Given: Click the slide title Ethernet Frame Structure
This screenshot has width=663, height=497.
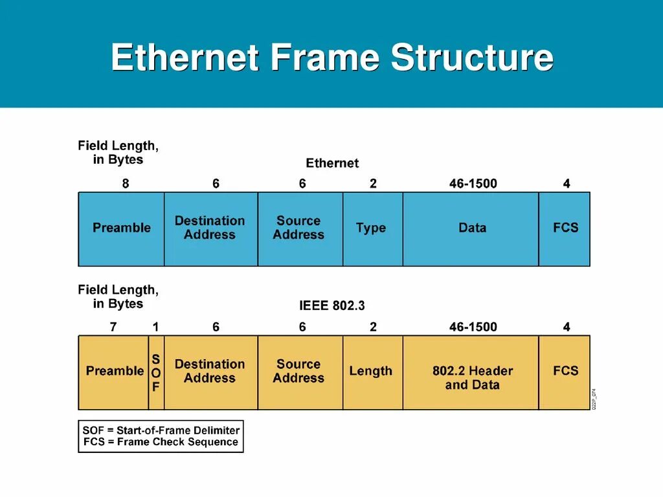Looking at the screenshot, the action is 331,58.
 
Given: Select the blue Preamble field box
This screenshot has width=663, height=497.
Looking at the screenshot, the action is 121,228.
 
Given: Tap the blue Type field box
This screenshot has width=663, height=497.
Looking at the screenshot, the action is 372,228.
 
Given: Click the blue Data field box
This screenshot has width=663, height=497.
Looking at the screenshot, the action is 471,228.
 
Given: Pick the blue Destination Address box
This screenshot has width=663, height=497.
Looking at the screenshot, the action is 210,228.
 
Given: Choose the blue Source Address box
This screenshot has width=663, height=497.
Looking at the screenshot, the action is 300,228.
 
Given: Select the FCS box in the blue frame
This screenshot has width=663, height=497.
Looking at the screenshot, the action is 565,228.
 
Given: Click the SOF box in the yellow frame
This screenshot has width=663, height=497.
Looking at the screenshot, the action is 156,373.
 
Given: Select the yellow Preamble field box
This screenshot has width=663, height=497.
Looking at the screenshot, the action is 114,372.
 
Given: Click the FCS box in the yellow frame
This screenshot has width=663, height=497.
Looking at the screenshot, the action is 565,372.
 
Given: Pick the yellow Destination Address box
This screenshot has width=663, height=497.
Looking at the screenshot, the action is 210,372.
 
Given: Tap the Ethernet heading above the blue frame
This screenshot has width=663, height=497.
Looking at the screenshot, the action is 331,163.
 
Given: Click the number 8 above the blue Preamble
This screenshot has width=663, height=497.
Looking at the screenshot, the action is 126,184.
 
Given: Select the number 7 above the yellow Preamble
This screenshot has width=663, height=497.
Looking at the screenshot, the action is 113,327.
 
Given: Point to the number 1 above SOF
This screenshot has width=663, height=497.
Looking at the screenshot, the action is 155,327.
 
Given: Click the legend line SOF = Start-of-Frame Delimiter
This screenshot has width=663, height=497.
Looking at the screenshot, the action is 161,430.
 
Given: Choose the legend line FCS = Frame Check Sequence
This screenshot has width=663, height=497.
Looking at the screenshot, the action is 161,443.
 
